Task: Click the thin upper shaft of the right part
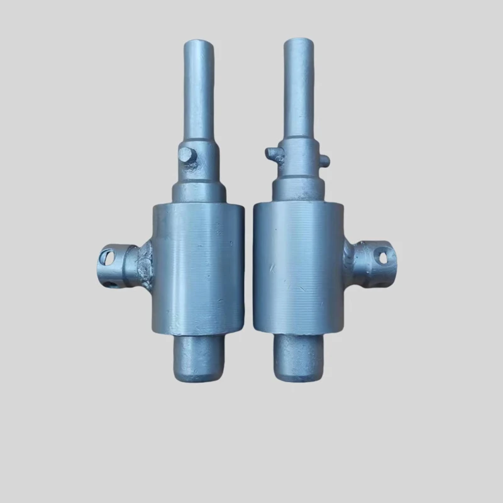pos(298,88)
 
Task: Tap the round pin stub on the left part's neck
pos(187,156)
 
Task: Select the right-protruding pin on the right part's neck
pos(324,161)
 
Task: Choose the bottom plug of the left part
pos(197,358)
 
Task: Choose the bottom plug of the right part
pos(300,358)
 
